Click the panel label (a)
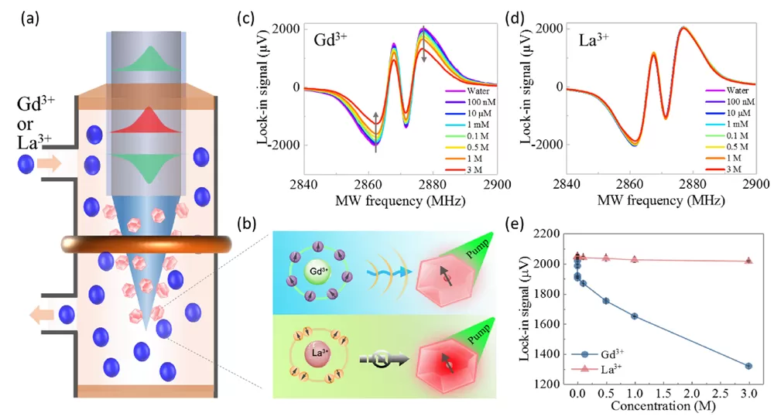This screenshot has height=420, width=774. point(29,19)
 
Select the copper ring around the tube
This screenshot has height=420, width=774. point(146,244)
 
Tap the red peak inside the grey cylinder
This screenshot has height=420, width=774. point(146,120)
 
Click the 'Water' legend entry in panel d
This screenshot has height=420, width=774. point(727,90)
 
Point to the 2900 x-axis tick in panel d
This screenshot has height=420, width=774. point(755,183)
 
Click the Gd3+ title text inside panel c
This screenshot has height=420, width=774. point(330,39)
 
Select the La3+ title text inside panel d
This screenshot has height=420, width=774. point(594,39)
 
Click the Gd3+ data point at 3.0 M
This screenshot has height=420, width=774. point(748,366)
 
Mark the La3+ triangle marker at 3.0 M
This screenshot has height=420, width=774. point(748,260)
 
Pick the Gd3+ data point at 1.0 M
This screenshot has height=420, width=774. point(635,316)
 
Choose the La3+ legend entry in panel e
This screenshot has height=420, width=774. point(598,368)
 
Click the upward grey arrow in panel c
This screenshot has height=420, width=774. point(375,132)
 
